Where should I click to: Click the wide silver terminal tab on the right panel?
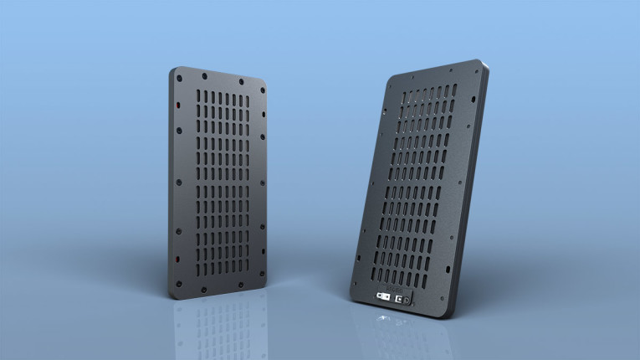tap(383, 296)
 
